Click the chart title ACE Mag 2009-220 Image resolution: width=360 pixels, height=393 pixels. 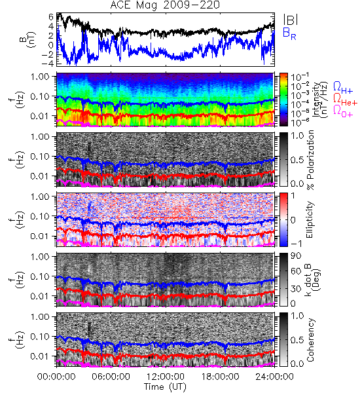[165, 5]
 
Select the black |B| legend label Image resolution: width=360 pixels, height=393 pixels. [291, 20]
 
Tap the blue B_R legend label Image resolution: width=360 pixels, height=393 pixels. [289, 34]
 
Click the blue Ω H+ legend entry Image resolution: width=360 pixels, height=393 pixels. [343, 88]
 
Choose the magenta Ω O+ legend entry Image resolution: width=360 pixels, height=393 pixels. [343, 111]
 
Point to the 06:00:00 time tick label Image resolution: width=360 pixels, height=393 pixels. [111, 377]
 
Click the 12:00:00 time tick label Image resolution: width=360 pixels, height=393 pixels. [166, 377]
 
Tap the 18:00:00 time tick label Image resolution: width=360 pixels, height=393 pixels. [220, 377]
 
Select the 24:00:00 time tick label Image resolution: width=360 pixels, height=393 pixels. [274, 377]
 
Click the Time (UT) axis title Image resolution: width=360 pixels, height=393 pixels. [165, 387]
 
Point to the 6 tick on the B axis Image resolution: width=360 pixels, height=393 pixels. [51, 17]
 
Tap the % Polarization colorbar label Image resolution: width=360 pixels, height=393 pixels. [311, 160]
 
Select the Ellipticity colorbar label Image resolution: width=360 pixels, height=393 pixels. [310, 220]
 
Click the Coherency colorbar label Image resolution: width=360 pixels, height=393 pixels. [310, 340]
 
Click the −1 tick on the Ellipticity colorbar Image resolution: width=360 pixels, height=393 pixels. [296, 243]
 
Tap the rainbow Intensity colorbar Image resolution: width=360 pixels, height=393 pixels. [283, 100]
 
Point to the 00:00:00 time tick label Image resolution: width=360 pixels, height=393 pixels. [56, 377]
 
